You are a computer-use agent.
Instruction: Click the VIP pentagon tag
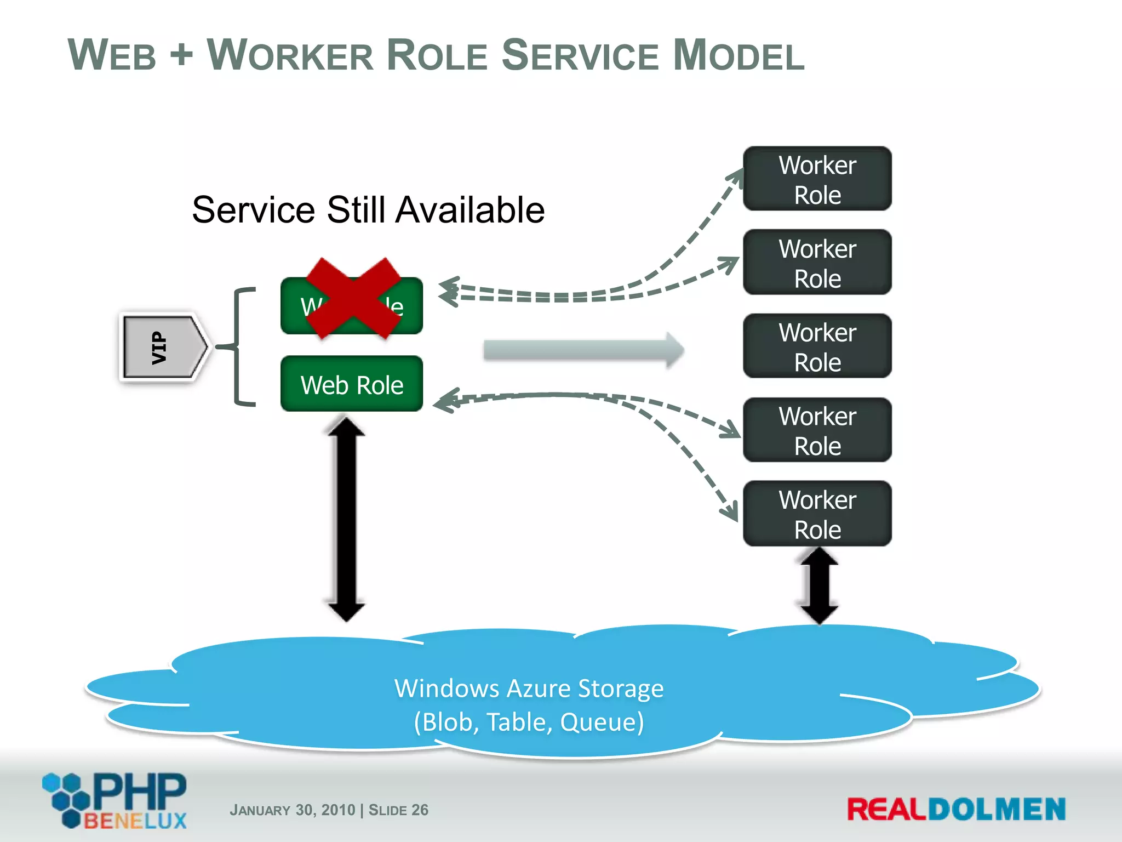point(163,346)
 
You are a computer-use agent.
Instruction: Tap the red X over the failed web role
point(353,298)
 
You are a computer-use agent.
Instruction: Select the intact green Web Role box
point(352,384)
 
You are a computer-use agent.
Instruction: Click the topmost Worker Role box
point(817,179)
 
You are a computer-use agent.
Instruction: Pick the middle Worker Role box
point(817,346)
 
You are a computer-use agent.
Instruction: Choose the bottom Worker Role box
point(817,514)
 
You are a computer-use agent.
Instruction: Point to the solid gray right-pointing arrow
point(583,350)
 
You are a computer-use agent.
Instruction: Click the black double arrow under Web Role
point(346,519)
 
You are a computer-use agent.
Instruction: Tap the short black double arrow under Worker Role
point(819,585)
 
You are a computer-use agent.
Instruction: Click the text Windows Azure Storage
point(529,688)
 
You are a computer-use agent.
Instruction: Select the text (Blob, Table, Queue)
point(529,722)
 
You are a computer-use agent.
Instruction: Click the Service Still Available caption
point(368,210)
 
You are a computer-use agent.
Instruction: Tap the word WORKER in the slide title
point(290,55)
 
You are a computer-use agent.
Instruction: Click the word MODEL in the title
point(739,55)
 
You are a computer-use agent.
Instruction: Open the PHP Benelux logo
point(116,800)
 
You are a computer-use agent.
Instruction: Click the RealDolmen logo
point(956,810)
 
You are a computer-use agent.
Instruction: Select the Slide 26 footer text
point(398,810)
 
